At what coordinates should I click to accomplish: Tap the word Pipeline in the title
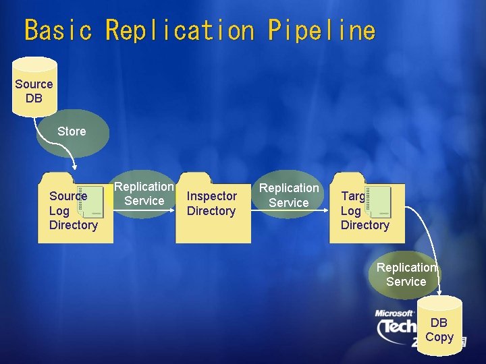click(x=321, y=30)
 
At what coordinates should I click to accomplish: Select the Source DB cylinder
click(x=34, y=88)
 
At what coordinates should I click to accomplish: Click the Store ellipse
click(x=72, y=131)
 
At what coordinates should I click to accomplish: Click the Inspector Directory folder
click(x=213, y=209)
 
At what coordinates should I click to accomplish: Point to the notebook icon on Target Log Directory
click(x=378, y=200)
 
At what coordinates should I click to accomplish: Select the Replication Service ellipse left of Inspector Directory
click(x=144, y=193)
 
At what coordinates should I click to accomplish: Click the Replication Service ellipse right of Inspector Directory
click(x=289, y=195)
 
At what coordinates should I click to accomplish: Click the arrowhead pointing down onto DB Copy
click(x=439, y=293)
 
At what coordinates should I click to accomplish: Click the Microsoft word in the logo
click(x=395, y=313)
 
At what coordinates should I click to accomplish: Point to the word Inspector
click(x=212, y=196)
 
